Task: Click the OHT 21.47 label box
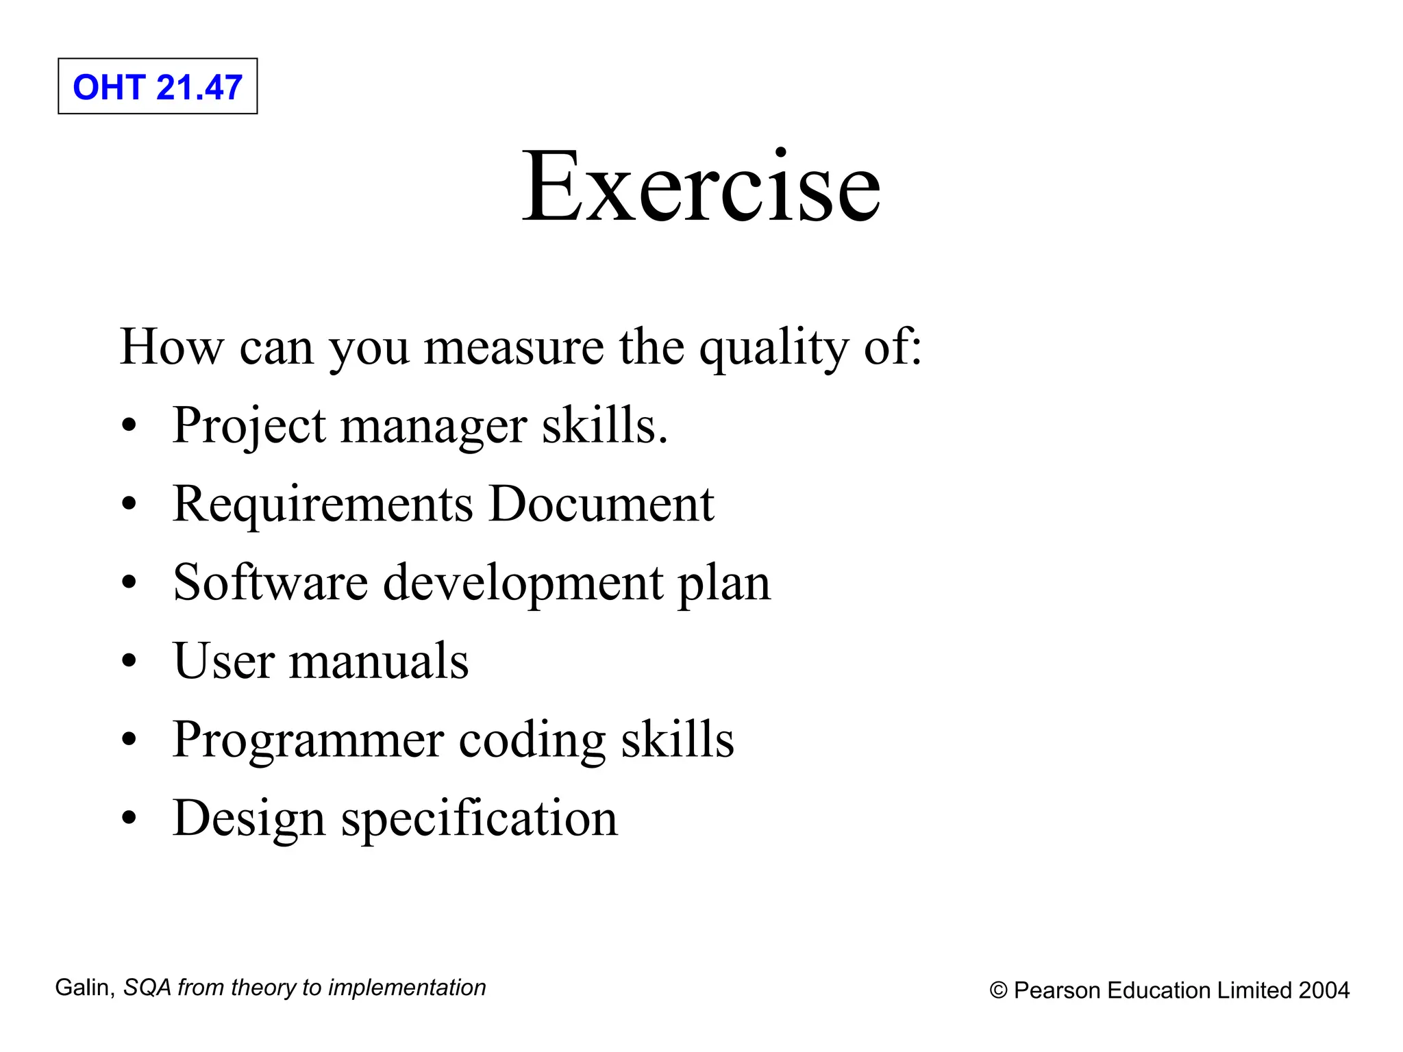158,86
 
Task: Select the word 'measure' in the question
514,347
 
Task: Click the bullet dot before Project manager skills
129,427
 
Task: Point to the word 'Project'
249,427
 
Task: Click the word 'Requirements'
323,505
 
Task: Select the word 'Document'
601,505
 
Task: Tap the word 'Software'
271,583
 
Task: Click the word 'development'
523,584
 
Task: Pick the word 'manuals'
379,662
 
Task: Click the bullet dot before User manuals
129,662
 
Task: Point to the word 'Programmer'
308,741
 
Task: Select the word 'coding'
532,741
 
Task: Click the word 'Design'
249,819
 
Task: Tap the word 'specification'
480,819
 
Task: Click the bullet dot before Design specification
129,819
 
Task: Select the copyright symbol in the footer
999,991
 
